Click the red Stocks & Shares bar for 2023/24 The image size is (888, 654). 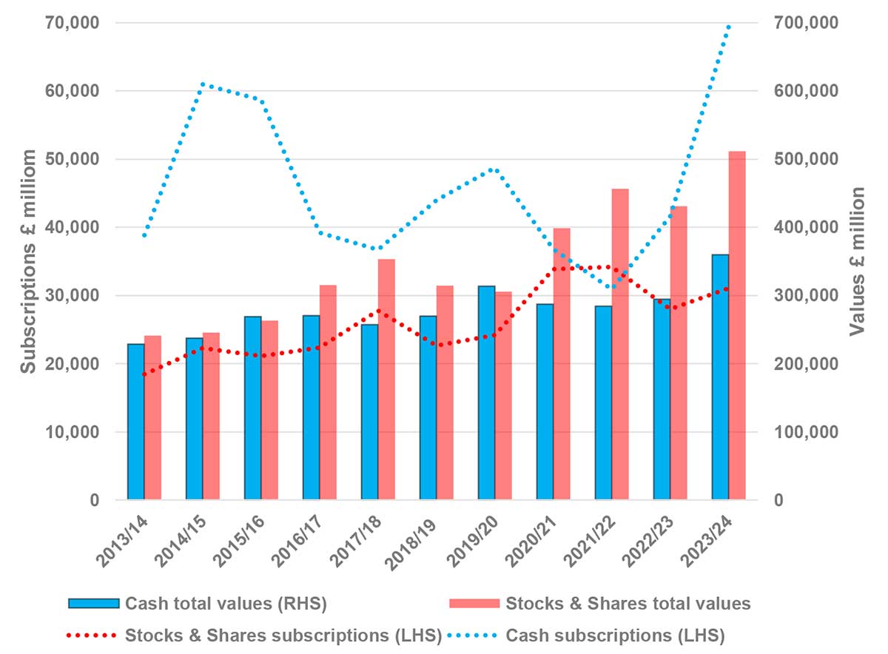coord(737,326)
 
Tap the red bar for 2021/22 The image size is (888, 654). coord(620,344)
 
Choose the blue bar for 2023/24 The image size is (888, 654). coord(720,377)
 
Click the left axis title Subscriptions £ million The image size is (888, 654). coord(28,261)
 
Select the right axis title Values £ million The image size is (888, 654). coord(858,261)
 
